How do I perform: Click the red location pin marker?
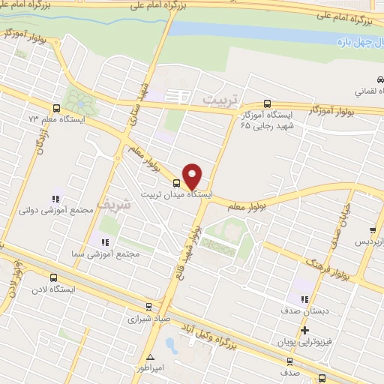click(x=193, y=175)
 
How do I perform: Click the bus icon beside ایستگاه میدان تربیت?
click(x=176, y=182)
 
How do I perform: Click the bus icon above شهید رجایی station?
click(x=268, y=104)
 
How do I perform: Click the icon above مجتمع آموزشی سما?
click(x=106, y=242)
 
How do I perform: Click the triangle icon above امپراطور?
click(x=151, y=356)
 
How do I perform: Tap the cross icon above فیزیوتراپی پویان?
click(x=304, y=330)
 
